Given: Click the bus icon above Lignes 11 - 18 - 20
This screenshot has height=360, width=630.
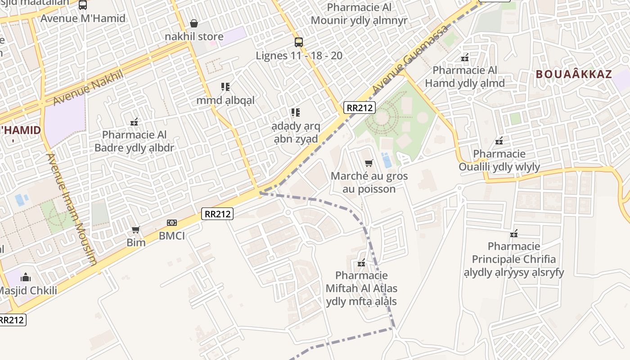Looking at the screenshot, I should coord(298,42).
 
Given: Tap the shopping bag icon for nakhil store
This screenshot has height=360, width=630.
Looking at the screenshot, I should coord(194,23).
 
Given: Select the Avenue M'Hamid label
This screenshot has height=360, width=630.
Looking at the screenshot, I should coord(83,19).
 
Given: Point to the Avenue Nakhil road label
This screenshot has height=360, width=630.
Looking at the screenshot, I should coord(88,88).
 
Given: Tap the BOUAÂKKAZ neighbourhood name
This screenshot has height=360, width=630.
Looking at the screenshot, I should coord(574,75).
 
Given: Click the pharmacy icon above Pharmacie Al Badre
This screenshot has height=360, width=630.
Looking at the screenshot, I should coord(134,122).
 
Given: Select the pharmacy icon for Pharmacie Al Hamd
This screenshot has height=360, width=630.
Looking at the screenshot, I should coord(465,58).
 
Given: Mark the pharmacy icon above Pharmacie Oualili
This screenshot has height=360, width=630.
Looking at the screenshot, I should coord(499,141).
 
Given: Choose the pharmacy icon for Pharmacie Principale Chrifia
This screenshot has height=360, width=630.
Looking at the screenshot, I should coord(514,234).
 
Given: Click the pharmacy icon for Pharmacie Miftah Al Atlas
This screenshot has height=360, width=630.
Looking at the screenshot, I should coord(361,263).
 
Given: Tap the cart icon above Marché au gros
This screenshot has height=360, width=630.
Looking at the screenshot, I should coord(369,163).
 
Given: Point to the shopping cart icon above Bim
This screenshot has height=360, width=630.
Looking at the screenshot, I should coord(135,230).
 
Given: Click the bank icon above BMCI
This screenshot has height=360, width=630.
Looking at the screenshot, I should coord(171,223).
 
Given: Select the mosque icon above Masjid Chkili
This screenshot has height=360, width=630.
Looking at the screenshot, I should coord(26,277).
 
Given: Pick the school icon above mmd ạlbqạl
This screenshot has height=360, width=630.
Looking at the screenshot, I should coord(225,87).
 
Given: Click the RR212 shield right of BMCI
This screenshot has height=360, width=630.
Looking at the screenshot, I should coord(217,214).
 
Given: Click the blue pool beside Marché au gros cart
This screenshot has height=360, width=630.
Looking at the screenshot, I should coord(386,160).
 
